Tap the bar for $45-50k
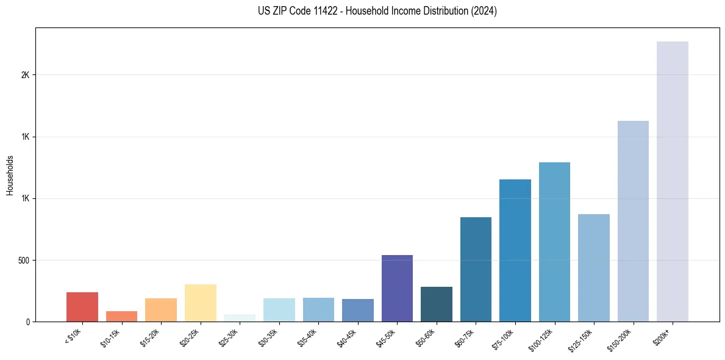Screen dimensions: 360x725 [x=397, y=288]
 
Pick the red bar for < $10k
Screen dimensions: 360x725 [x=82, y=307]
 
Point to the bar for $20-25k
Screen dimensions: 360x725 [x=201, y=303]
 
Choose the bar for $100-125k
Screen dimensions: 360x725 [x=554, y=242]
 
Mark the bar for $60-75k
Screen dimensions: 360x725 [x=476, y=269]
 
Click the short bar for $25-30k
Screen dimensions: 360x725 [x=240, y=318]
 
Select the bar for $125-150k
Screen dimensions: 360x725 [x=593, y=268]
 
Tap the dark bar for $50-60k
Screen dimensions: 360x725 [x=437, y=304]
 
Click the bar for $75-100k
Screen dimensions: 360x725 [x=515, y=250]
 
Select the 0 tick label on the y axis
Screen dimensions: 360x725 [x=28, y=322]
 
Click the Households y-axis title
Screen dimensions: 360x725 [x=10, y=175]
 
